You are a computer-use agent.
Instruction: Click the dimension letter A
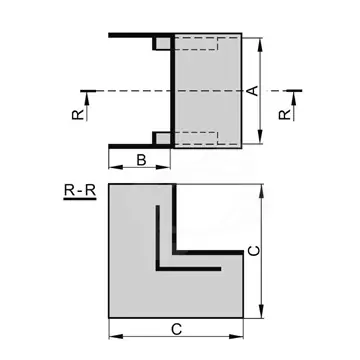click(x=254, y=91)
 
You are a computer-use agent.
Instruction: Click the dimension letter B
click(x=141, y=160)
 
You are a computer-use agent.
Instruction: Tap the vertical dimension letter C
click(x=254, y=251)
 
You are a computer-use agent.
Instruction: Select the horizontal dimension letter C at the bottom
click(x=176, y=330)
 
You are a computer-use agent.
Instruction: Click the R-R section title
click(x=80, y=191)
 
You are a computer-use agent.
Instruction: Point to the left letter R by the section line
click(x=77, y=115)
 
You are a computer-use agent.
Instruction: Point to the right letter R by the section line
click(x=285, y=115)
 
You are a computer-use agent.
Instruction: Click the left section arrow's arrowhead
click(x=87, y=97)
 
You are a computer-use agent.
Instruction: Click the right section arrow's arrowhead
click(x=294, y=97)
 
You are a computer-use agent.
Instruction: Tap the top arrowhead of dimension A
click(x=261, y=44)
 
